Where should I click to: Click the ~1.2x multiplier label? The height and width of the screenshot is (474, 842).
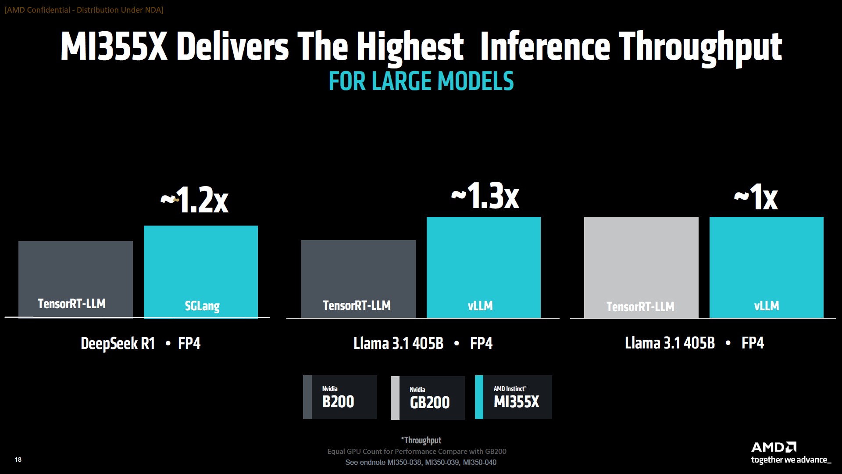pyautogui.click(x=195, y=200)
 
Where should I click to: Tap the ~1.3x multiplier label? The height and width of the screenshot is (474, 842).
pyautogui.click(x=485, y=196)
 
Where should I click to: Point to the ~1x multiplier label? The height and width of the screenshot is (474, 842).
pyautogui.click(x=756, y=197)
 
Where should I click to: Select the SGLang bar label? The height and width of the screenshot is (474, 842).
pyautogui.click(x=202, y=306)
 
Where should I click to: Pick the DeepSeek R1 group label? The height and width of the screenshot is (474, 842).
pyautogui.click(x=118, y=343)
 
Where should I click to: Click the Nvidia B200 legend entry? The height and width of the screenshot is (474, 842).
pyautogui.click(x=340, y=397)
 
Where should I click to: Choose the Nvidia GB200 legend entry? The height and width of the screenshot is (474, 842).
pyautogui.click(x=428, y=398)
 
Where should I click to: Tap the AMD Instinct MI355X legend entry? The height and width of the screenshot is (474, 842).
pyautogui.click(x=514, y=397)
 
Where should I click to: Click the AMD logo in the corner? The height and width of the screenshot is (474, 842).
pyautogui.click(x=774, y=447)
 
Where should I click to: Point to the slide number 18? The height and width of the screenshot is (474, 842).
pyautogui.click(x=18, y=460)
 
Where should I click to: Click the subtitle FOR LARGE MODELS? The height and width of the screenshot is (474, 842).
pyautogui.click(x=421, y=82)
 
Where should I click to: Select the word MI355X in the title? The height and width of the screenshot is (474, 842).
pyautogui.click(x=114, y=47)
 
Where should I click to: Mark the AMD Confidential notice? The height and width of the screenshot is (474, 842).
pyautogui.click(x=84, y=10)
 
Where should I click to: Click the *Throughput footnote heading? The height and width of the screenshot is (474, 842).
pyautogui.click(x=421, y=440)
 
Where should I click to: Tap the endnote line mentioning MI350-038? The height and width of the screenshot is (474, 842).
pyautogui.click(x=421, y=462)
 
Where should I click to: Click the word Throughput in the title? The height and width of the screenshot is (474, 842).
pyautogui.click(x=700, y=47)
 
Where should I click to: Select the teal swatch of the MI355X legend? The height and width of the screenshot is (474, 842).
pyautogui.click(x=479, y=397)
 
